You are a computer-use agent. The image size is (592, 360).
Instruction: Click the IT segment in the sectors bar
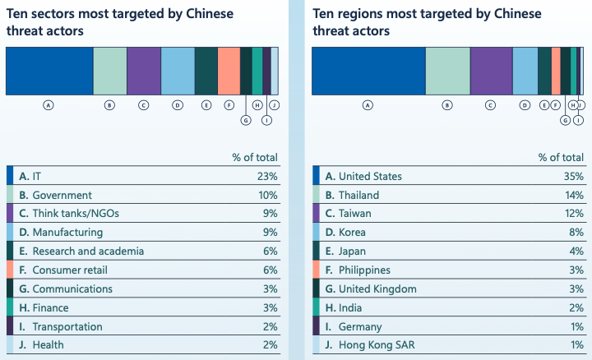tap(49, 72)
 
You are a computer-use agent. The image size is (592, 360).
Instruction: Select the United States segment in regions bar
tap(368, 72)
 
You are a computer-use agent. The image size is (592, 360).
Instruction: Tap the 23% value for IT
tap(267, 176)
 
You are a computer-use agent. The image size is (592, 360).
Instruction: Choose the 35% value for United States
tap(573, 176)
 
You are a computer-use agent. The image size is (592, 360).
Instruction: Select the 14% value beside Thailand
tap(573, 195)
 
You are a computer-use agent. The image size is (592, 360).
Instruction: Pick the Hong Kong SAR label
tap(365, 345)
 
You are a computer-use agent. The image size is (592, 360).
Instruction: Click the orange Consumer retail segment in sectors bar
tap(229, 72)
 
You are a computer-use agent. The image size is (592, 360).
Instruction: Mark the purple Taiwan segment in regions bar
tap(491, 72)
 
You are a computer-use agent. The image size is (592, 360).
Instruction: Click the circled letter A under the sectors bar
tap(49, 105)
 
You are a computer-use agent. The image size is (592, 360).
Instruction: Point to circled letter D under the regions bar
tap(525, 105)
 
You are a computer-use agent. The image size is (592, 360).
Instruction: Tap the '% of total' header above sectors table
tap(256, 157)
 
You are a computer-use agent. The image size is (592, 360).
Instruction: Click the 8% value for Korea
tap(576, 233)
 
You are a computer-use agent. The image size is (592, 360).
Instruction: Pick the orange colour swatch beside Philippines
tap(317, 270)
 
